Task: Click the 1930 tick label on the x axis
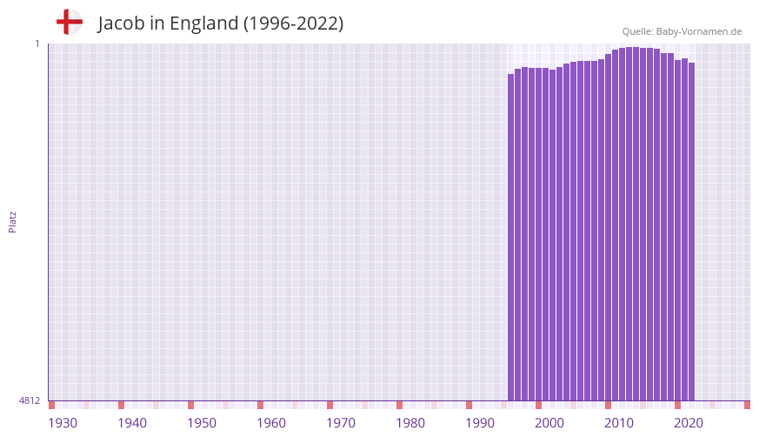[x=63, y=423]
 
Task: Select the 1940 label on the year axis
[x=132, y=423]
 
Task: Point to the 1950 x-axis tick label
[x=202, y=423]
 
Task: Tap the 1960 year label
[x=271, y=423]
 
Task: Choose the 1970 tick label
[x=341, y=423]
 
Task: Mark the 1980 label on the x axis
[x=410, y=423]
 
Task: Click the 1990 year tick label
[x=480, y=423]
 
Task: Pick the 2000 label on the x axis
[x=549, y=423]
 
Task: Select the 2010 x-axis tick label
[x=619, y=423]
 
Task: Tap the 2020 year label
[x=689, y=423]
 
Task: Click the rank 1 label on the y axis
[x=37, y=44]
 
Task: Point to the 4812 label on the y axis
[x=30, y=401]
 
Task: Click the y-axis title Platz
[x=12, y=221]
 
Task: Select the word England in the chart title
[x=203, y=24]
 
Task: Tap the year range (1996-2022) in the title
[x=294, y=24]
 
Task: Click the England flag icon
[x=70, y=22]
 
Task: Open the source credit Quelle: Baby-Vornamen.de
[x=682, y=31]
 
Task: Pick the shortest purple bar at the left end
[x=511, y=237]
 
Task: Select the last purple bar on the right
[x=691, y=232]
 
